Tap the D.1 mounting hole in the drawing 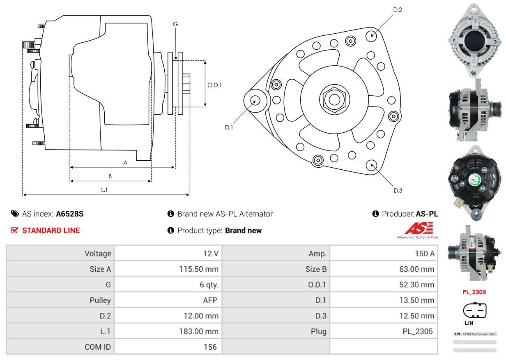255,100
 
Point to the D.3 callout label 398,190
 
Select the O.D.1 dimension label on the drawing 214,85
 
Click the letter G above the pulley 175,24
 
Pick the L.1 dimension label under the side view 104,189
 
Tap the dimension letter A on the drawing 125,163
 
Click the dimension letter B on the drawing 110,176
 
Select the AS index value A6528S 70,214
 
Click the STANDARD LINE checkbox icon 14,230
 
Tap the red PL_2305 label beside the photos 474,292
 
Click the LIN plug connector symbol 474,310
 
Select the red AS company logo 418,228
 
